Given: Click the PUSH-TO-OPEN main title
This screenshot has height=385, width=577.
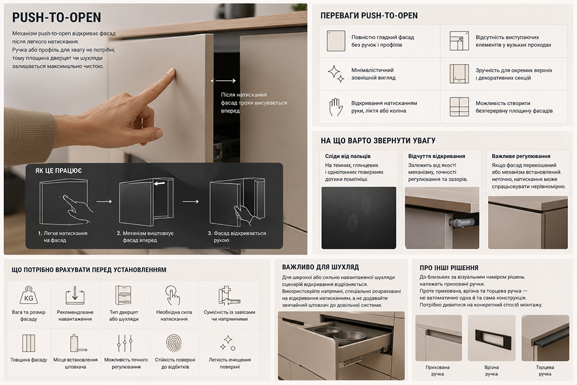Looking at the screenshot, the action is click(57, 17).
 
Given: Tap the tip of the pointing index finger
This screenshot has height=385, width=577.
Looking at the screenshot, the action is click(171, 70).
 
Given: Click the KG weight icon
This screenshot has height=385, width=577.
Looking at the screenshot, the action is click(29, 296).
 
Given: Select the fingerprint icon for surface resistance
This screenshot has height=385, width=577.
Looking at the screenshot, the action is click(174, 343).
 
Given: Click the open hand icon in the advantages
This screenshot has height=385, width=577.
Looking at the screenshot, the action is click(335, 107).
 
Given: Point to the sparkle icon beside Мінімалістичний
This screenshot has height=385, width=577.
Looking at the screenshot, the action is click(336, 73).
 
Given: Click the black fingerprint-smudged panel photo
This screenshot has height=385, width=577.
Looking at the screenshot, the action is click(359, 218).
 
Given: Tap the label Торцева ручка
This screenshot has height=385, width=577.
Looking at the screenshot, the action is click(545, 370).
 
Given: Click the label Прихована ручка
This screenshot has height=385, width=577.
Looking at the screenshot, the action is click(437, 370).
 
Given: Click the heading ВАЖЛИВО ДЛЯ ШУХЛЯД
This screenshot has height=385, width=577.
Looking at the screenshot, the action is click(320, 267).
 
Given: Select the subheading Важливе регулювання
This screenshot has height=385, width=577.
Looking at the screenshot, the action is click(521, 156).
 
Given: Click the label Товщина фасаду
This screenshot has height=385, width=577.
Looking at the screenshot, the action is click(29, 360).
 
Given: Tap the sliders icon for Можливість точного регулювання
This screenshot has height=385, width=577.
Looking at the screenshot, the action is click(125, 344).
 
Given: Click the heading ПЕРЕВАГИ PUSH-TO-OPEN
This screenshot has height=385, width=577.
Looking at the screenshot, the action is click(369, 16).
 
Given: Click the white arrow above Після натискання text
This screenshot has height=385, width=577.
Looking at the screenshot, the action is click(224, 81).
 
